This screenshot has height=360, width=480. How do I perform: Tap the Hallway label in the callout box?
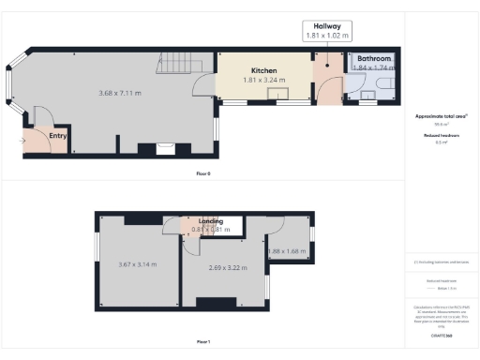[326, 26]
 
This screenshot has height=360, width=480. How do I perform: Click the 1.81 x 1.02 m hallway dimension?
[326, 36]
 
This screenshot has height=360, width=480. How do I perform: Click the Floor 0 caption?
[202, 174]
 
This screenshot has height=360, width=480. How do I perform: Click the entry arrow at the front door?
[22, 142]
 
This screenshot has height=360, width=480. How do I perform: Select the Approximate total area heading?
[441, 115]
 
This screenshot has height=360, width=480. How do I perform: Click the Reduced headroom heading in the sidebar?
[441, 135]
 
